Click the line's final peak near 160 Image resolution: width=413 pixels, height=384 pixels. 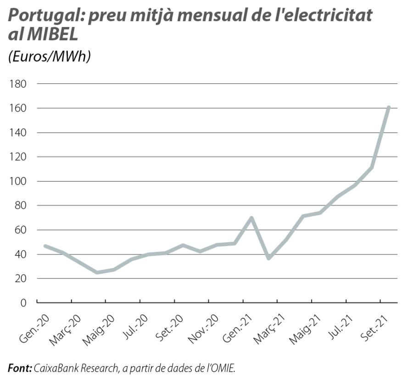(x=389, y=108)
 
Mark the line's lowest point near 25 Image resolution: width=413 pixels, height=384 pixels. (x=97, y=272)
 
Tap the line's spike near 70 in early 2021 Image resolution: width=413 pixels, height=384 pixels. (x=251, y=218)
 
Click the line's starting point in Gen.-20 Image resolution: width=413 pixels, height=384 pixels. (x=45, y=246)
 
